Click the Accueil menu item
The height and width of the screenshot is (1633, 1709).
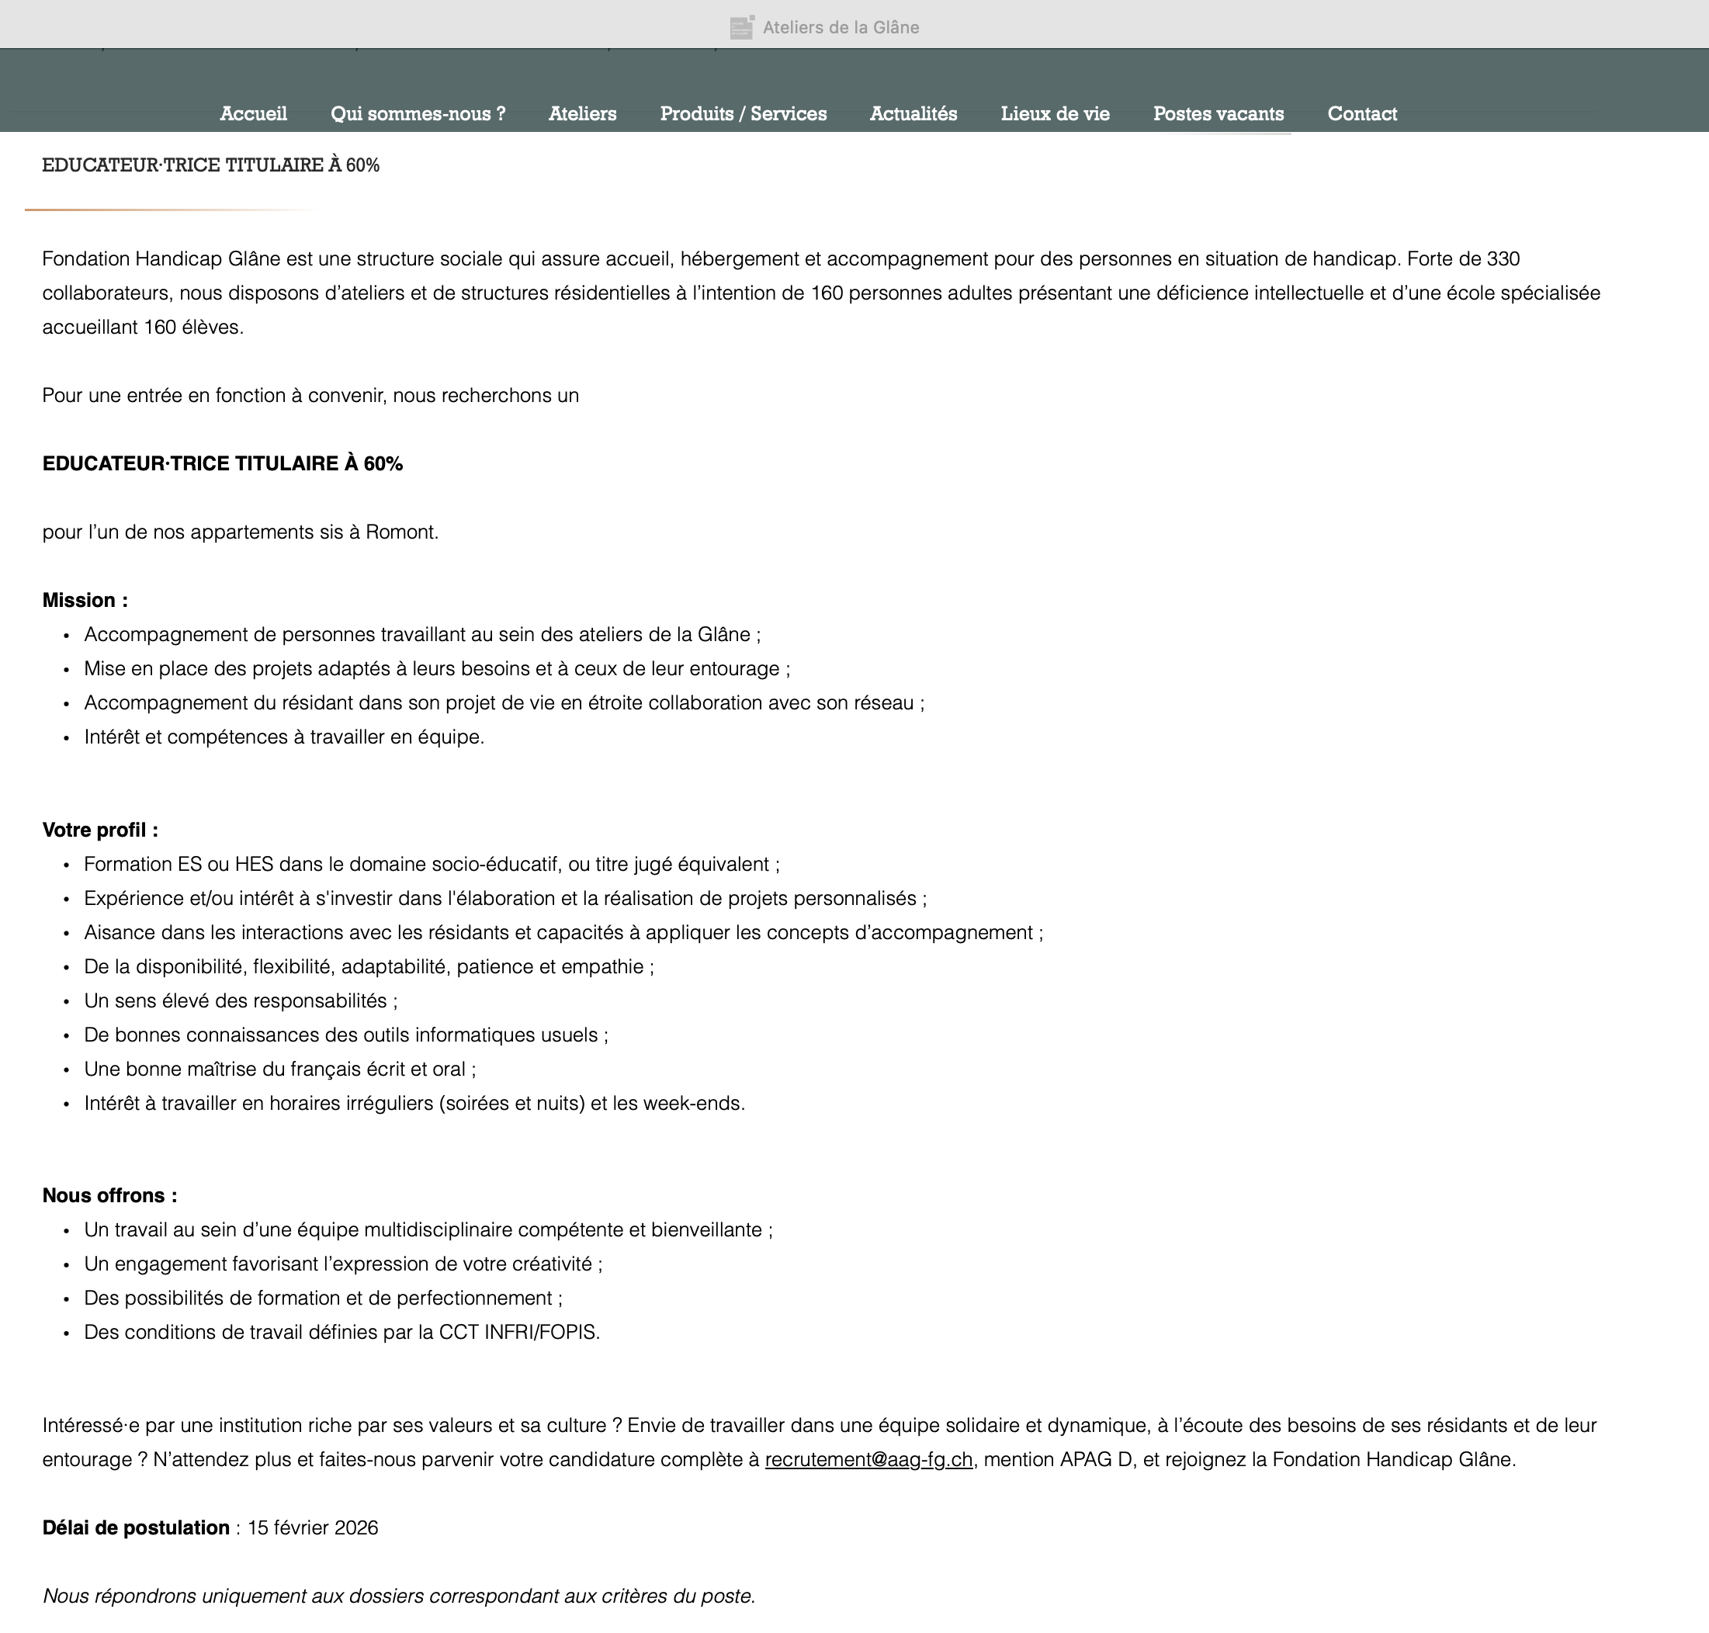point(253,114)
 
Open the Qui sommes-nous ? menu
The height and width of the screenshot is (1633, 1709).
point(418,114)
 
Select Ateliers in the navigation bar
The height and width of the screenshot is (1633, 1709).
point(582,114)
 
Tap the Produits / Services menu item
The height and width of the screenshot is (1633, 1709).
point(744,114)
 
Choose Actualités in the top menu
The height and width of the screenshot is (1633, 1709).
point(913,114)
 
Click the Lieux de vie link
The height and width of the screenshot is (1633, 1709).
point(1056,114)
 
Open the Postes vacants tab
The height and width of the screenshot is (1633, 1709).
point(1218,114)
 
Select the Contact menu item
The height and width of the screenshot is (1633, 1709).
point(1361,114)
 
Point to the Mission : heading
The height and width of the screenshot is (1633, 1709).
point(85,601)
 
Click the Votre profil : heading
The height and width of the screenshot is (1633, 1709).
point(100,830)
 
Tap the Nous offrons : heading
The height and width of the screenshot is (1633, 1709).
point(109,1196)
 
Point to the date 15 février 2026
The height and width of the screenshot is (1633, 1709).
point(313,1528)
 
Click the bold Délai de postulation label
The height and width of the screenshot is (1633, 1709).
point(136,1528)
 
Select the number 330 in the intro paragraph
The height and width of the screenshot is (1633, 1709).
point(1503,259)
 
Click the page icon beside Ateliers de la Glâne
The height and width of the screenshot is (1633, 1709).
point(742,28)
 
